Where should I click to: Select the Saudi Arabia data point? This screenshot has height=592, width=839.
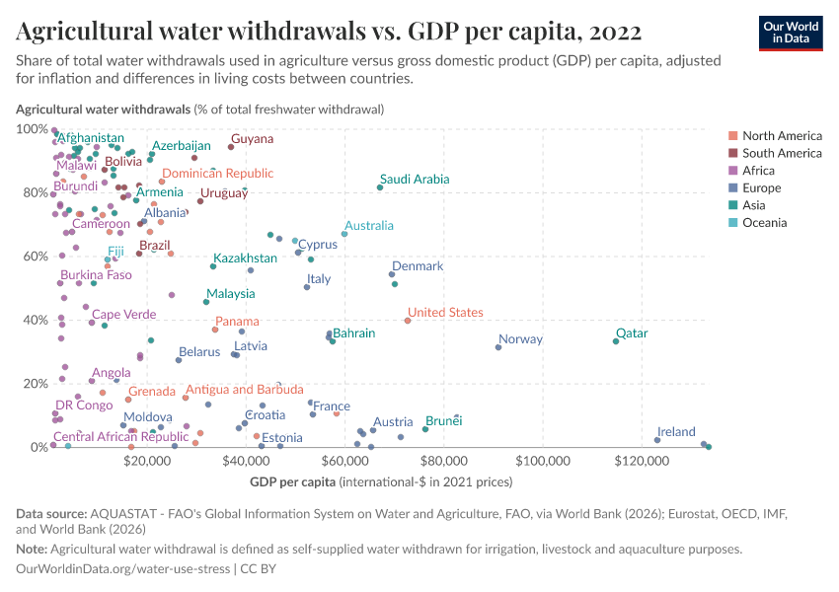click(380, 187)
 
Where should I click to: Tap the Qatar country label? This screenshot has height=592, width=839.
click(632, 333)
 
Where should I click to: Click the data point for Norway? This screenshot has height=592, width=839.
click(498, 347)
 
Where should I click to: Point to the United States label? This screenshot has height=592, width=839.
click(445, 312)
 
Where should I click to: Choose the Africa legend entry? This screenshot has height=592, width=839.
click(761, 171)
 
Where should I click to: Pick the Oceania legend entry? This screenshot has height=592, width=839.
click(764, 223)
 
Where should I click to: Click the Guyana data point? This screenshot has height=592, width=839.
click(231, 147)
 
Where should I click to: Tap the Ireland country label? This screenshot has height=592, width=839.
click(676, 432)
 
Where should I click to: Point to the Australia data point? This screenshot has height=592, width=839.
click(344, 234)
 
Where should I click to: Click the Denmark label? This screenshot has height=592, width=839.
click(418, 266)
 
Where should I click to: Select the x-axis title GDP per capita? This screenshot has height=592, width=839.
click(292, 481)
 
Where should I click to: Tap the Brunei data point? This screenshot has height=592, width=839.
click(425, 429)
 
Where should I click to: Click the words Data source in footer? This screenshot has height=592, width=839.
click(51, 514)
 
